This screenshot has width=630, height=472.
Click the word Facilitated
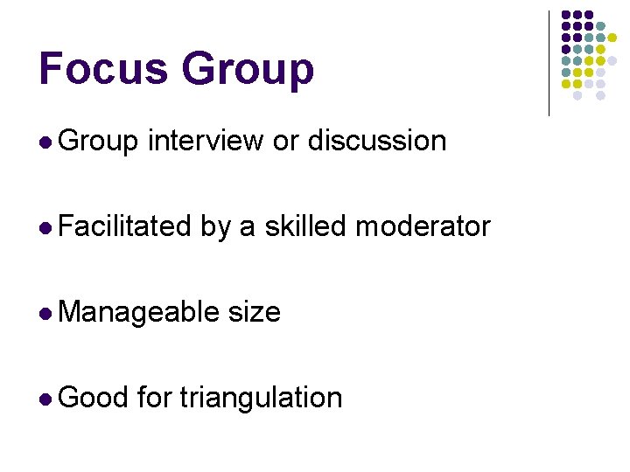pyautogui.click(x=126, y=226)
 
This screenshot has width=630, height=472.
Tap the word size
pyautogui.click(x=254, y=312)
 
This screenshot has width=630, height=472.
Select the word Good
pyautogui.click(x=94, y=398)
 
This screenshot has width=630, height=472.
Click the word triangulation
pyautogui.click(x=261, y=398)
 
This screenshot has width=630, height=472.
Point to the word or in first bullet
pyautogui.click(x=286, y=141)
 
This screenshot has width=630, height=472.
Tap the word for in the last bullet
pyautogui.click(x=155, y=398)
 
